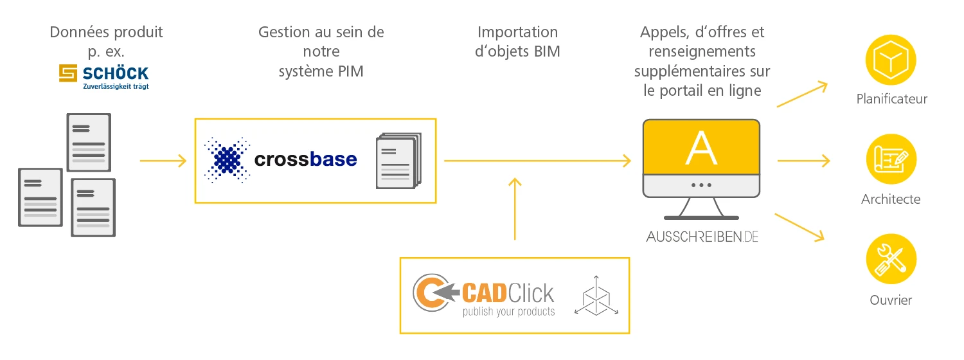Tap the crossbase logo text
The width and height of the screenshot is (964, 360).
pyautogui.click(x=305, y=159)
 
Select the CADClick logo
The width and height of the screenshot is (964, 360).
pyautogui.click(x=483, y=296)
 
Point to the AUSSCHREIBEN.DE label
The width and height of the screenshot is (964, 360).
pyautogui.click(x=702, y=237)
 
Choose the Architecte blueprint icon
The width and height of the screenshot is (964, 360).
pyautogui.click(x=891, y=160)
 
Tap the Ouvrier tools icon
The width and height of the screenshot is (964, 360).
pyautogui.click(x=891, y=260)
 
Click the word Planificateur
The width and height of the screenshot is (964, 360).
pyautogui.click(x=892, y=99)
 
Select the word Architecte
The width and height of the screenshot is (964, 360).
pyautogui.click(x=891, y=199)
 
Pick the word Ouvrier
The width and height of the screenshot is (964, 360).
pyautogui.click(x=891, y=300)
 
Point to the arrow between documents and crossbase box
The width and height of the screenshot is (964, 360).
pyautogui.click(x=163, y=161)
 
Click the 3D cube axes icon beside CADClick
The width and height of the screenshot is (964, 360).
pyautogui.click(x=596, y=296)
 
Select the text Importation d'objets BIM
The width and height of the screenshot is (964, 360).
pyautogui.click(x=517, y=42)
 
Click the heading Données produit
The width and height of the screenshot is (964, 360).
pyautogui.click(x=106, y=32)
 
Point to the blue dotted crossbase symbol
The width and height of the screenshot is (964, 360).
pyautogui.click(x=226, y=159)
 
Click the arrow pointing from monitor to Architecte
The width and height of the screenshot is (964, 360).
pyautogui.click(x=803, y=161)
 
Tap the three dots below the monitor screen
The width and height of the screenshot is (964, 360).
pyautogui.click(x=701, y=184)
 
